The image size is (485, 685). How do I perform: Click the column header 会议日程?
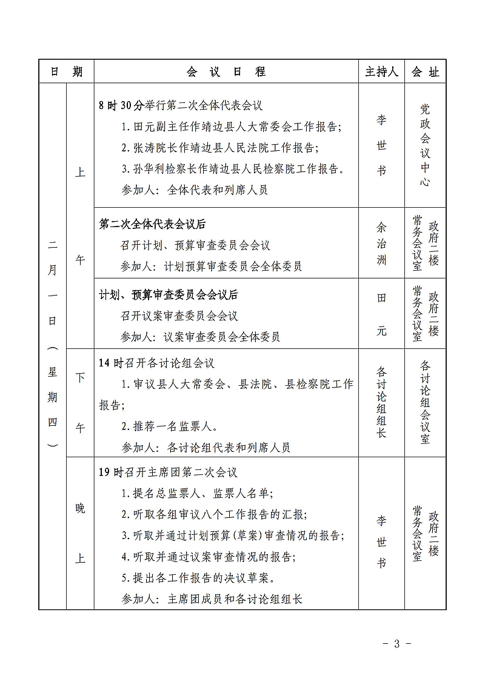tap(226, 72)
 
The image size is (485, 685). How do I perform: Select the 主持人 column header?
tap(381, 72)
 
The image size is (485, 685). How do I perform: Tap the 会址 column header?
tap(425, 72)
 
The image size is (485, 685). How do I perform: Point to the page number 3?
tap(396, 644)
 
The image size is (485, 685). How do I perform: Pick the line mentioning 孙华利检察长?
tap(233, 168)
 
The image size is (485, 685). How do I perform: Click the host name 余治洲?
tap(381, 243)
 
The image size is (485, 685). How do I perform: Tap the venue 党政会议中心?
tap(425, 145)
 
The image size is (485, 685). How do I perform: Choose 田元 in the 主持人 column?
tap(381, 314)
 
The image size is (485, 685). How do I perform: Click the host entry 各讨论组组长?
tap(381, 402)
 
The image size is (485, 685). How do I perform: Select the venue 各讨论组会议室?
tap(425, 402)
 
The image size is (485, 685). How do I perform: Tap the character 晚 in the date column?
tap(80, 508)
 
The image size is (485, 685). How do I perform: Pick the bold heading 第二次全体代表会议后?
tap(152, 224)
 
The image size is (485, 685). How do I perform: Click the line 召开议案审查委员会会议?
tap(179, 316)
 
